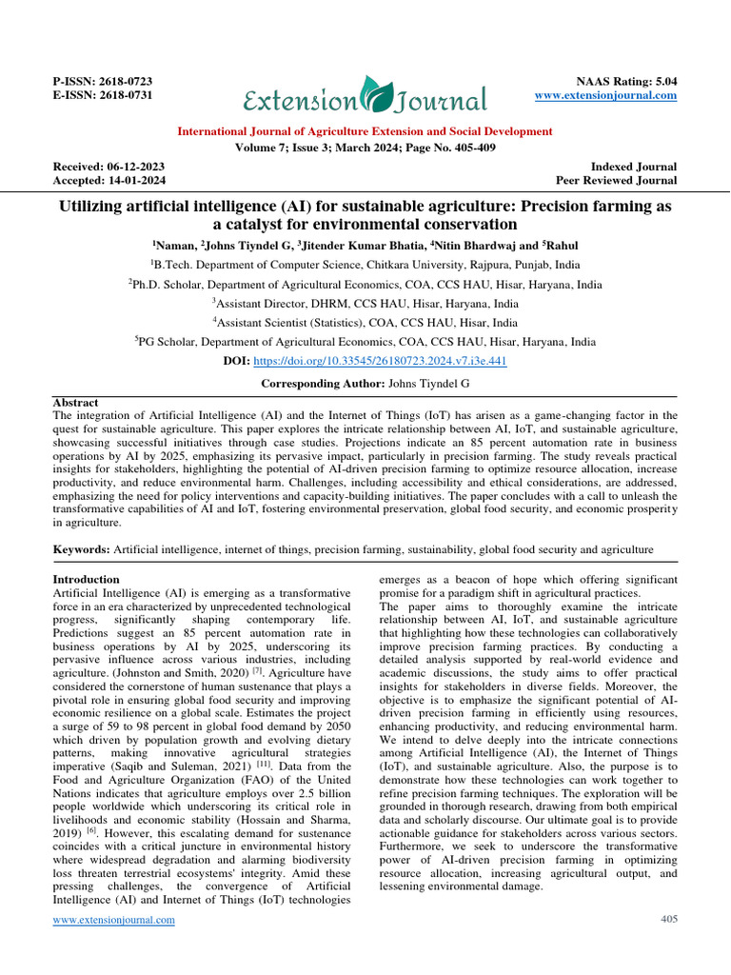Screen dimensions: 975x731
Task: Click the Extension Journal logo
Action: pyautogui.click(x=365, y=96)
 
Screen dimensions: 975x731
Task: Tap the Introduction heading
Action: pyautogui.click(x=87, y=579)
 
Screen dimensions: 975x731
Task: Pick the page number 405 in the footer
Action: pyautogui.click(x=668, y=919)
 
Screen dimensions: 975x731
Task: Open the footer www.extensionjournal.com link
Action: pyautogui.click(x=113, y=920)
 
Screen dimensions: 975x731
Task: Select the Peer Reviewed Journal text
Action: pyautogui.click(x=617, y=180)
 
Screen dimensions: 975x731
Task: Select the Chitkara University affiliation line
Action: pyautogui.click(x=365, y=265)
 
